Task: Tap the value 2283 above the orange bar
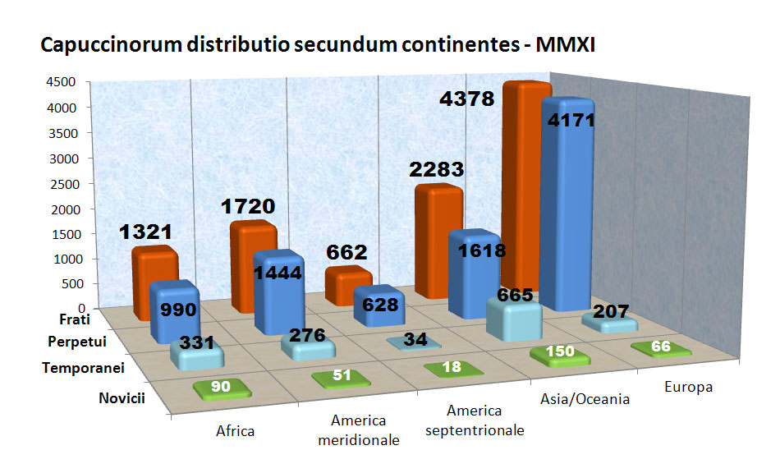[x=438, y=170]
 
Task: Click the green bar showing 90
[x=216, y=387]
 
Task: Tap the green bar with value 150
[x=560, y=355]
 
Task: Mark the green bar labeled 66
[x=660, y=347]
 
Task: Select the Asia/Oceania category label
[x=585, y=399]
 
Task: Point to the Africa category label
[x=236, y=429]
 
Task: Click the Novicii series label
[x=122, y=398]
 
